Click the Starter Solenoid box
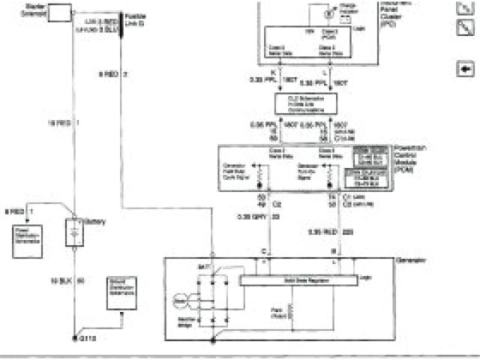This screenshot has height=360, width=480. (x=58, y=13)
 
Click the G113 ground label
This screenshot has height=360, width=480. (x=88, y=339)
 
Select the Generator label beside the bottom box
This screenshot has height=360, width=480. (x=410, y=259)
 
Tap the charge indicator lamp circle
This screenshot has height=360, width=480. (x=327, y=13)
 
